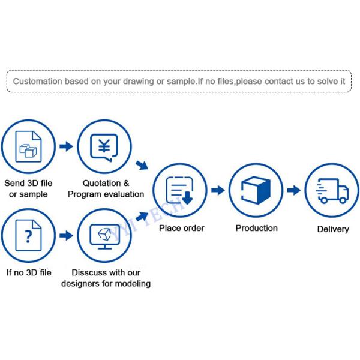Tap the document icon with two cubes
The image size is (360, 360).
(x=28, y=146)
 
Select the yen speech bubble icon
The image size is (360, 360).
(x=104, y=148)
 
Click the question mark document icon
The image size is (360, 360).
(x=28, y=235)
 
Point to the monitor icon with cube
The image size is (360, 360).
(x=104, y=236)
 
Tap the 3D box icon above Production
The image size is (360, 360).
(x=256, y=190)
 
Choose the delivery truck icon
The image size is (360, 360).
(x=332, y=191)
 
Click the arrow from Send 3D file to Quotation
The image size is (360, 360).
(x=66, y=146)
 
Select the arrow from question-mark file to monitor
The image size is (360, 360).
(x=66, y=235)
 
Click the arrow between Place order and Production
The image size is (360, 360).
(x=218, y=190)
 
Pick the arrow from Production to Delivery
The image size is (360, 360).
(x=294, y=190)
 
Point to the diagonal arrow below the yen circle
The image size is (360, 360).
(x=142, y=165)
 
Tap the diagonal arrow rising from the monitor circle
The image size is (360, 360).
(x=142, y=216)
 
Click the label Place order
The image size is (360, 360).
(x=182, y=228)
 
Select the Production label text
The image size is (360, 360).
(x=257, y=228)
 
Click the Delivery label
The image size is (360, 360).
(x=333, y=229)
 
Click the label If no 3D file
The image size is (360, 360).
(x=29, y=272)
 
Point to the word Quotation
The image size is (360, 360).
(x=101, y=183)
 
